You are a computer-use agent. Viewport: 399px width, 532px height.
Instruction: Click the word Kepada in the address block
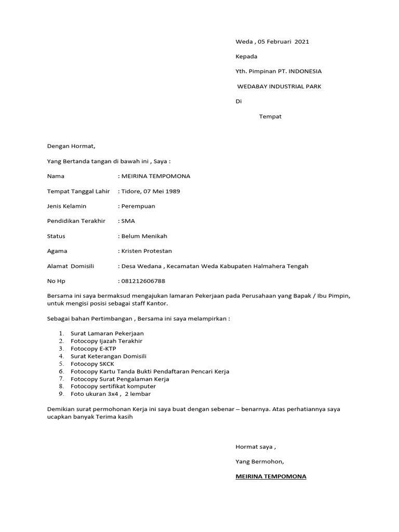click(246, 56)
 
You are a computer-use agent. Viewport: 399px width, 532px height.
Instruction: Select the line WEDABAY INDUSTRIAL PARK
click(279, 86)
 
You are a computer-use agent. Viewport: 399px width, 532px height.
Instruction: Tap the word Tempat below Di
click(270, 116)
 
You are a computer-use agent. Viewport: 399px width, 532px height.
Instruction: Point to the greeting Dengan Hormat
click(71, 147)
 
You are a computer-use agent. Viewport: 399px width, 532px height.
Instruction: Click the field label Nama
click(56, 176)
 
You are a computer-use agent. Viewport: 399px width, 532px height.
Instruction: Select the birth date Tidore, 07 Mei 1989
click(151, 191)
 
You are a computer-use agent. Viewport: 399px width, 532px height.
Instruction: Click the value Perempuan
click(138, 206)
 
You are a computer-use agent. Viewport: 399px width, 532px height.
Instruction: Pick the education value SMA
click(128, 221)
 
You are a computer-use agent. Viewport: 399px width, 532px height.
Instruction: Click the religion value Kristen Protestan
click(147, 251)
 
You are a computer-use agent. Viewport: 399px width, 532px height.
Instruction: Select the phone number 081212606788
click(143, 281)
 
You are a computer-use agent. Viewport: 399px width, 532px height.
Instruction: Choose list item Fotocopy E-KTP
click(94, 349)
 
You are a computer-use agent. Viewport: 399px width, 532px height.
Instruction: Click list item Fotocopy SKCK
click(92, 364)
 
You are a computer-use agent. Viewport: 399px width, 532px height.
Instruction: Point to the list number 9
click(61, 394)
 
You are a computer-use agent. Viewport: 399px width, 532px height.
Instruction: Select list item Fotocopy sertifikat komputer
click(113, 387)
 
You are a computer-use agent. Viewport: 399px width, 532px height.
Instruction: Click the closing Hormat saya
click(256, 446)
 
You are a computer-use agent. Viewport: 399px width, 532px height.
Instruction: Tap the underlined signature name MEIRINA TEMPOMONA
click(271, 476)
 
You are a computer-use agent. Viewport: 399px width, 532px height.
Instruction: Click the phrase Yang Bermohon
click(260, 461)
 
